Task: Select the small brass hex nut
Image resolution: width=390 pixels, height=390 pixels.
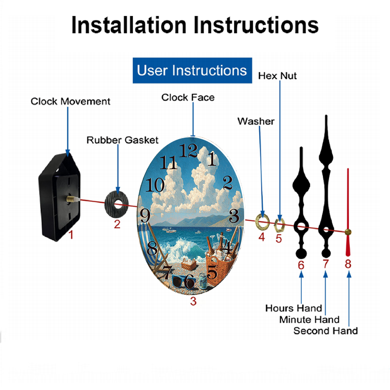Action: [x=279, y=225]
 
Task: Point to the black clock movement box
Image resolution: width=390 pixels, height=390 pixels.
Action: [x=59, y=197]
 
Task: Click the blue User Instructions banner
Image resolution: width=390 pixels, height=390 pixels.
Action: [x=192, y=70]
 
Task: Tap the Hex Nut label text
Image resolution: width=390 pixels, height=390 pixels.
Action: [x=277, y=76]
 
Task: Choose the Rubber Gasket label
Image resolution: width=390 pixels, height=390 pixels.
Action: [x=122, y=140]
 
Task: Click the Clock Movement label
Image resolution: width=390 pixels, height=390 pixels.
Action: [x=70, y=101]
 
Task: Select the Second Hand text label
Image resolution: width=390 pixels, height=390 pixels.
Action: [x=326, y=331]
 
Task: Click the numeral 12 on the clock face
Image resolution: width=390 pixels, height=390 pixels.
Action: [x=188, y=151]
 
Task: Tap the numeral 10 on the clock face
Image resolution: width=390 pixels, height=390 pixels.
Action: [x=155, y=185]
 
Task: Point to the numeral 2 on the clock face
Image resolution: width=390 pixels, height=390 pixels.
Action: [x=228, y=183]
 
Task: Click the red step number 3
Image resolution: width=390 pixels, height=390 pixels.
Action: [x=193, y=301]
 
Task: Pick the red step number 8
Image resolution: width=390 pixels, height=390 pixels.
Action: [x=348, y=264]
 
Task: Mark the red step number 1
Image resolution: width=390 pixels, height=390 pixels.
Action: [x=71, y=235]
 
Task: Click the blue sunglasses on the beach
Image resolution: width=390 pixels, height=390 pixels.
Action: [x=184, y=281]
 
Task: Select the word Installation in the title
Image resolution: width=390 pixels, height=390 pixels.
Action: [x=129, y=25]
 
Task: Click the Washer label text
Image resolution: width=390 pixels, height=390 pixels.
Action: [x=256, y=121]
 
